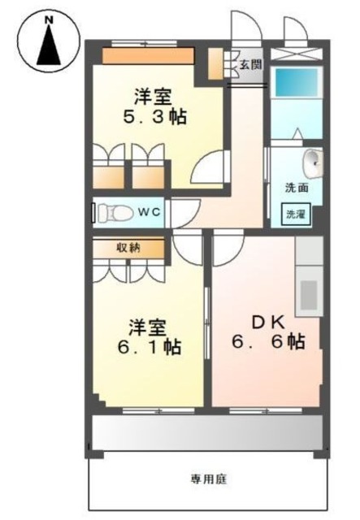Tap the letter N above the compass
tap(47, 17)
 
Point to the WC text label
tap(149, 213)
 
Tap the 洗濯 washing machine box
tap(296, 215)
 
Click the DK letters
tap(263, 322)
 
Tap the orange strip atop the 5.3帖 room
tap(148, 55)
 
